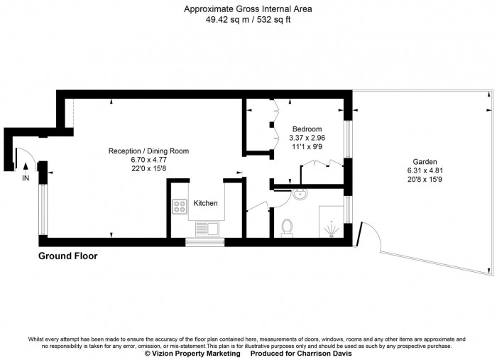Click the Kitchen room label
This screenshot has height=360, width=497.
click(206, 203)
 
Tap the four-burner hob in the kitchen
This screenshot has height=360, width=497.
click(179, 207)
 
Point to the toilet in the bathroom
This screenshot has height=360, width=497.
click(288, 227)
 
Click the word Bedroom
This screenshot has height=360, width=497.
click(307, 129)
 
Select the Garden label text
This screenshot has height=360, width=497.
click(421, 161)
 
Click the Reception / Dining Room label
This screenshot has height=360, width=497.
click(148, 151)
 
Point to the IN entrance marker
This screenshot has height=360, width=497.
click(26, 178)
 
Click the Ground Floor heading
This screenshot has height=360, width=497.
click(67, 256)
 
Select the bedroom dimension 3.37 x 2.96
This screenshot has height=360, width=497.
click(307, 138)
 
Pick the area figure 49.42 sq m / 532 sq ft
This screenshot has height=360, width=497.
click(248, 20)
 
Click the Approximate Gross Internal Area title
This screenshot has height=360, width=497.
click(248, 9)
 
